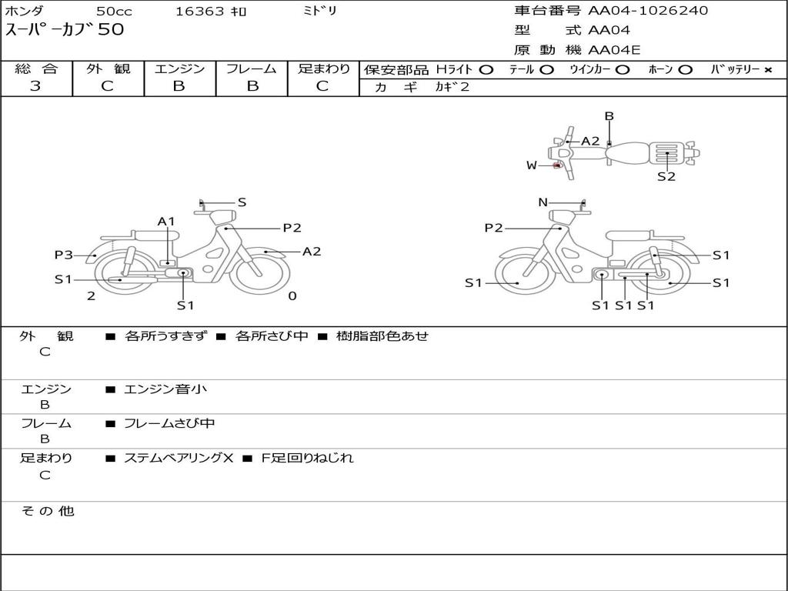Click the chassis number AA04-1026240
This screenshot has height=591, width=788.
point(648,11)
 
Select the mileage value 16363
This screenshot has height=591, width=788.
point(200,12)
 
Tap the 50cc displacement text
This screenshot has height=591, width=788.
point(113,12)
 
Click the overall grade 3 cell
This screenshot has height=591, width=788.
point(35,86)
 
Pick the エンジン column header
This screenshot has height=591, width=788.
point(179,68)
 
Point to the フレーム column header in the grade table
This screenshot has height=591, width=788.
point(251,68)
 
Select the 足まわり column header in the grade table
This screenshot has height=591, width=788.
point(323,68)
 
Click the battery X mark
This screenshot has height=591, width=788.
point(767,70)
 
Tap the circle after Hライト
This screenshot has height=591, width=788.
point(486,70)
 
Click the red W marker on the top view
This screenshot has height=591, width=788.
point(557,165)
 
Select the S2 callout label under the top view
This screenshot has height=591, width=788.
point(666,176)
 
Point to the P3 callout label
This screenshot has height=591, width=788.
point(63,255)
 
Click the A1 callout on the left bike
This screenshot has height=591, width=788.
point(166,222)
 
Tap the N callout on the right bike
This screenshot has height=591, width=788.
point(543,202)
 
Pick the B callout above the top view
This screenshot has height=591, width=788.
point(609,116)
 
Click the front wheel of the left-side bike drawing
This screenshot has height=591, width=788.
point(259,271)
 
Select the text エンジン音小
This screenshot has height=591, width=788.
point(165,389)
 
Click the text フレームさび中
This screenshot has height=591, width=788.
point(169,423)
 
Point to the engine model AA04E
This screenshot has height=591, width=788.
point(614,51)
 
